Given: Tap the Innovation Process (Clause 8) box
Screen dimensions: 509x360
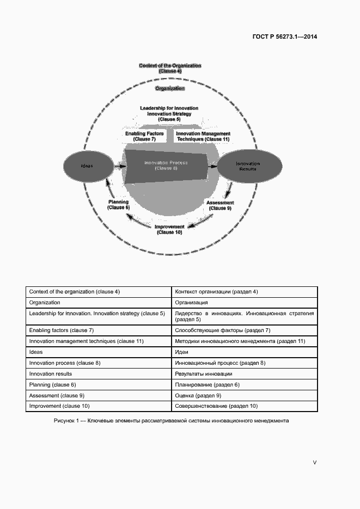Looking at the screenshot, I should point(166,165).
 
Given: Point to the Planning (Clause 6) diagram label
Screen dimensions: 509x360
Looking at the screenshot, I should point(118,205).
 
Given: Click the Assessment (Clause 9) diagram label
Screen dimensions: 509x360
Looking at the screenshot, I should point(220,205).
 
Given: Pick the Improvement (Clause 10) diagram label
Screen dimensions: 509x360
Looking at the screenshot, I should point(169,229).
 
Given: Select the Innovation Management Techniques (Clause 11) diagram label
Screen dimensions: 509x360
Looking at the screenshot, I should point(203,136).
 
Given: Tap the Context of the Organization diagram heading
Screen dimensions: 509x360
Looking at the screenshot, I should point(170,68).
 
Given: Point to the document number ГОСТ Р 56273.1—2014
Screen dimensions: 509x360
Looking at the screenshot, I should point(284,37).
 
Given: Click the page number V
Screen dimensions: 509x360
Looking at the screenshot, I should point(314,462).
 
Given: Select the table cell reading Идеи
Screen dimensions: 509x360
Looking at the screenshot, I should point(182,352).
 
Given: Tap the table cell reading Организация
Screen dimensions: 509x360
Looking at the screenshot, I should point(191,302).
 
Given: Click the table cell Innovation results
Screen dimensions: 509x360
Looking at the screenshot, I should point(51,374).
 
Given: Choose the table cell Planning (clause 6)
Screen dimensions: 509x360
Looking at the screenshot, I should point(52,385).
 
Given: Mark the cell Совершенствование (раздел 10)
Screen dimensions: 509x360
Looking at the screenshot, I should point(216,406).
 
